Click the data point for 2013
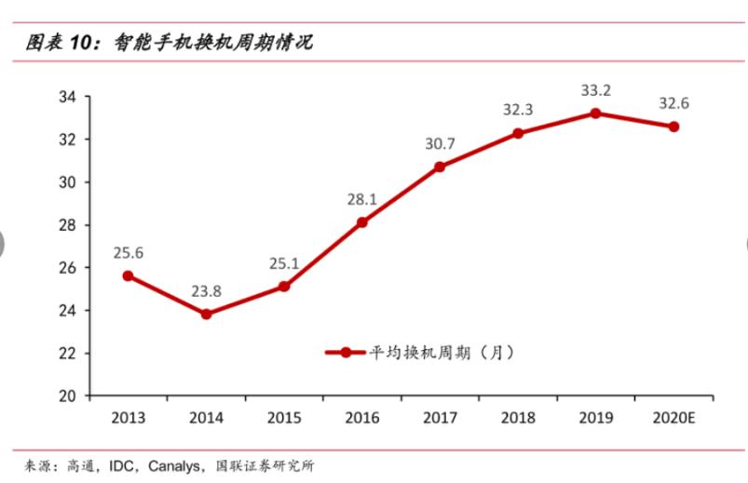(x=128, y=275)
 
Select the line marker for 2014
(x=206, y=314)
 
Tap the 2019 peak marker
(x=595, y=114)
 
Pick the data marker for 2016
(x=361, y=222)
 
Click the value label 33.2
(x=595, y=91)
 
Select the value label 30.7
(x=440, y=144)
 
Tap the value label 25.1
(x=283, y=263)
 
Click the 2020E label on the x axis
(x=673, y=418)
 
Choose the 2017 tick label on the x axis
(x=440, y=418)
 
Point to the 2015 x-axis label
(x=284, y=418)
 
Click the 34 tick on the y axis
(x=66, y=97)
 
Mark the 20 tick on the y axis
(x=66, y=396)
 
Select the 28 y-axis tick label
(x=66, y=224)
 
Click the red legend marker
(x=346, y=353)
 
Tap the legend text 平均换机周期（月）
(x=438, y=353)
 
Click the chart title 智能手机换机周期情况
(x=213, y=42)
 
